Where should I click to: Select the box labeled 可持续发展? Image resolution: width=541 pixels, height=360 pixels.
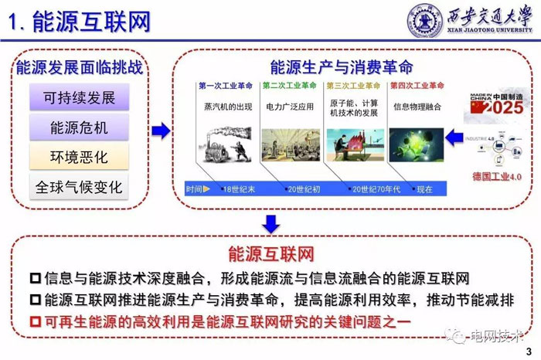80,98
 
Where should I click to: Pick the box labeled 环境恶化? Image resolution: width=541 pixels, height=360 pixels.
80,158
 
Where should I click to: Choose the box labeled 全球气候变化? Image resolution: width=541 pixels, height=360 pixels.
80,187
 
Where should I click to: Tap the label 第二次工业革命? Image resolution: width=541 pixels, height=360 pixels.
289,86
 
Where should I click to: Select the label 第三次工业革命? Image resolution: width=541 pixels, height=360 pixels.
353,86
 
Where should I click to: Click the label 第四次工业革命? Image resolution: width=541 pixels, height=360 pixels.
418,86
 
